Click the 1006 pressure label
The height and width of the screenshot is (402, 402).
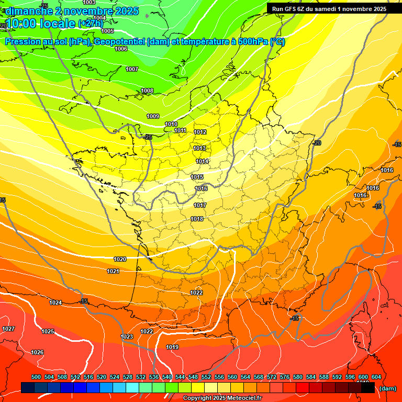click(121, 49)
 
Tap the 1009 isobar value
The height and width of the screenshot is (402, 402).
click(153, 116)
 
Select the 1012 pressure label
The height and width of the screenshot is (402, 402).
click(200, 132)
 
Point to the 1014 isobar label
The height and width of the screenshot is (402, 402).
click(202, 162)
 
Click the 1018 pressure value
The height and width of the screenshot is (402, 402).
click(197, 219)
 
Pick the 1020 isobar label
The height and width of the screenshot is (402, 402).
click(120, 259)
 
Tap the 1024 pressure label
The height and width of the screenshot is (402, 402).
click(55, 303)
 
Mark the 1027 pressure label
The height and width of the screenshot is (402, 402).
click(8, 329)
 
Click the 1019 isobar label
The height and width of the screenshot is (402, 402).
click(172, 347)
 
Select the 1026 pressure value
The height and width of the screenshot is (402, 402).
click(37, 352)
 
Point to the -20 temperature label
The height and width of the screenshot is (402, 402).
click(317, 143)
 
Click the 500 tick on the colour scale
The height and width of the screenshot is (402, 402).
click(36, 377)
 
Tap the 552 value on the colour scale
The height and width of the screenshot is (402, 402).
click(206, 377)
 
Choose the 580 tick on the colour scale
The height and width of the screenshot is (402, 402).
click(298, 377)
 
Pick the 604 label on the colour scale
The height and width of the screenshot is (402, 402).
click(376, 377)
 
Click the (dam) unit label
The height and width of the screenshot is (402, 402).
click(387, 388)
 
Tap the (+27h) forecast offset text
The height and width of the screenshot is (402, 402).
click(91, 24)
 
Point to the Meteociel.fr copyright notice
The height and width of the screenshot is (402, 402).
click(222, 398)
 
